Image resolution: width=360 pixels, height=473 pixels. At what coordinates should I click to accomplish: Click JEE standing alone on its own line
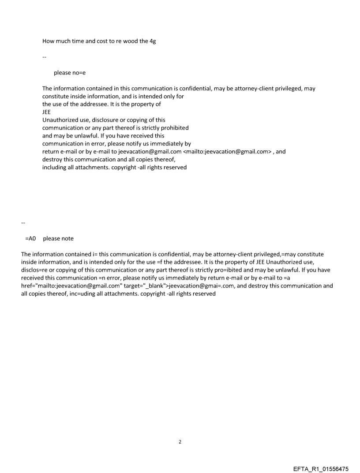[x=46, y=112]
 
